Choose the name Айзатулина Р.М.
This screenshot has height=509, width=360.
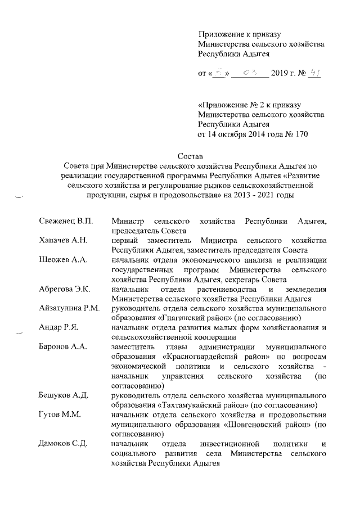[x=69, y=308]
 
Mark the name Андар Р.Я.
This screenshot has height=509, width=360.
[x=58, y=327]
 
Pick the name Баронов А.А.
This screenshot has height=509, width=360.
[x=63, y=346]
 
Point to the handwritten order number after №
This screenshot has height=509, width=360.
[x=314, y=73]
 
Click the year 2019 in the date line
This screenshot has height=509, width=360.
[x=280, y=74]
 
